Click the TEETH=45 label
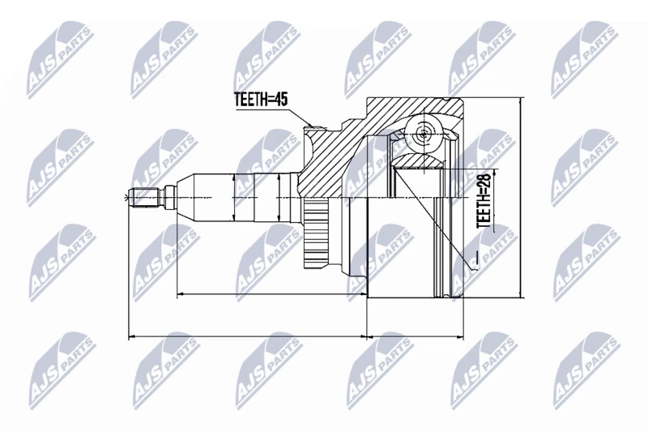[261, 101]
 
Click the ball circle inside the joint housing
[424, 132]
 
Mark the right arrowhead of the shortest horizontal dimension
[462, 334]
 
